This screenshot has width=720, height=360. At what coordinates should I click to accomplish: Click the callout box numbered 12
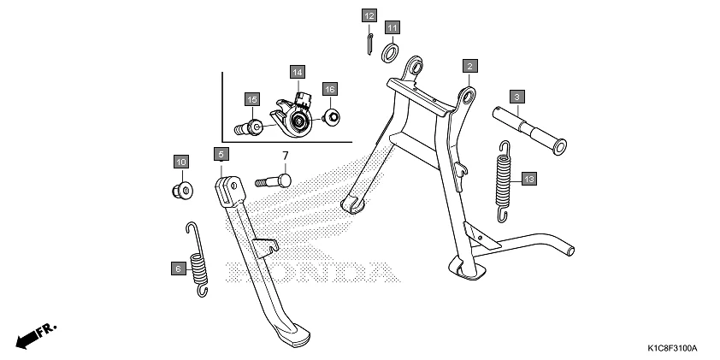click(369, 16)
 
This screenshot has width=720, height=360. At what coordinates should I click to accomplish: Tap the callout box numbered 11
click(391, 27)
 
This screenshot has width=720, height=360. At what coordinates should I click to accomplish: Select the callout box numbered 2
click(470, 65)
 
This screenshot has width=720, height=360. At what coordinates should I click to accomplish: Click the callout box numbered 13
click(529, 179)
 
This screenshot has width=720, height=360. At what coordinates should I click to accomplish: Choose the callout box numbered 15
click(251, 100)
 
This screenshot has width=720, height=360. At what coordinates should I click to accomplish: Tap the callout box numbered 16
click(329, 88)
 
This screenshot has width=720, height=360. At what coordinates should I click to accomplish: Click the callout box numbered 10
click(180, 162)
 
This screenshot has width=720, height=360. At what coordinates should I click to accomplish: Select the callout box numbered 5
click(221, 154)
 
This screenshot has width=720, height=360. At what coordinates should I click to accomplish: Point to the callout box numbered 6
click(178, 269)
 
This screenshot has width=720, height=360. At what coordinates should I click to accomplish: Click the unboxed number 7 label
click(286, 155)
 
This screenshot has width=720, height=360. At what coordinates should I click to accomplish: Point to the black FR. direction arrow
click(35, 334)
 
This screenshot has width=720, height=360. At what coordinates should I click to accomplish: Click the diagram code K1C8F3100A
click(672, 349)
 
